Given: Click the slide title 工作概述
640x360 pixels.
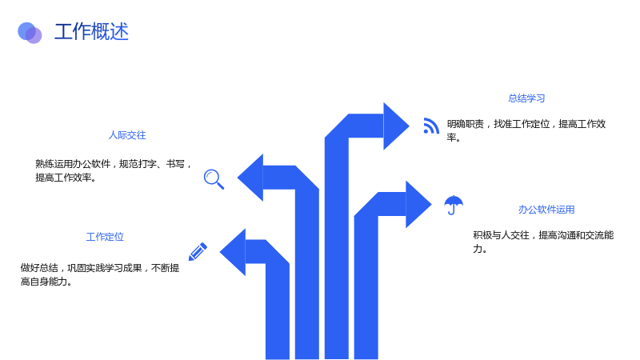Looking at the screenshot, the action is point(91,31).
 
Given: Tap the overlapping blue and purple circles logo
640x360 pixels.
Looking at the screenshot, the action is point(30,33).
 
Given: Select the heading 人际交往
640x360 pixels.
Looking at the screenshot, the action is point(127,135).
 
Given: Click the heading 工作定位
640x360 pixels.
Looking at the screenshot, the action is point(105,237).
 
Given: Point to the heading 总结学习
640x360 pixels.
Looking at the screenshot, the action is point(526,98).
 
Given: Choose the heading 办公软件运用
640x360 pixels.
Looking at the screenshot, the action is point(546,210).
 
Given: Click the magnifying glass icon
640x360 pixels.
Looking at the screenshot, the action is point(214,179).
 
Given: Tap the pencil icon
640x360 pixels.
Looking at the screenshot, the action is point(198,252).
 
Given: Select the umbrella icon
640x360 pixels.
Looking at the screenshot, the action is point(454,205).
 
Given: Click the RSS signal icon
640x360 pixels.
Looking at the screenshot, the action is point(431,126).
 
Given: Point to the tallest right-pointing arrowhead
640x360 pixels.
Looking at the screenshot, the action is point(396,126).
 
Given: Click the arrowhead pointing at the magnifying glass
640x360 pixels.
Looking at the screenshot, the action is point(250,178).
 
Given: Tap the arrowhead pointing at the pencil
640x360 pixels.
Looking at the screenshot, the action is point(233,252).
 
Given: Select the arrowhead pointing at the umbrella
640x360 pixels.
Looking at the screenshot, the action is point(418,204).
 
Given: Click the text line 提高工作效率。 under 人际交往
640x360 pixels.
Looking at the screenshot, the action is point(66,178).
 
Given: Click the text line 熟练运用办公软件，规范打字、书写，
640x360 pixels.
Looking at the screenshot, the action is point(114,164).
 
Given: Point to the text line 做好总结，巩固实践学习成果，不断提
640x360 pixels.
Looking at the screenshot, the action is point(100,268).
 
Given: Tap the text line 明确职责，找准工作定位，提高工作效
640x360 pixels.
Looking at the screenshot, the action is point(526,124).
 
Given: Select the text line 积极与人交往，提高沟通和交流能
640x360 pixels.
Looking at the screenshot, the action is point(543,235).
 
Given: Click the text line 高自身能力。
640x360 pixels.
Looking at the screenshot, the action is point(46,282).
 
